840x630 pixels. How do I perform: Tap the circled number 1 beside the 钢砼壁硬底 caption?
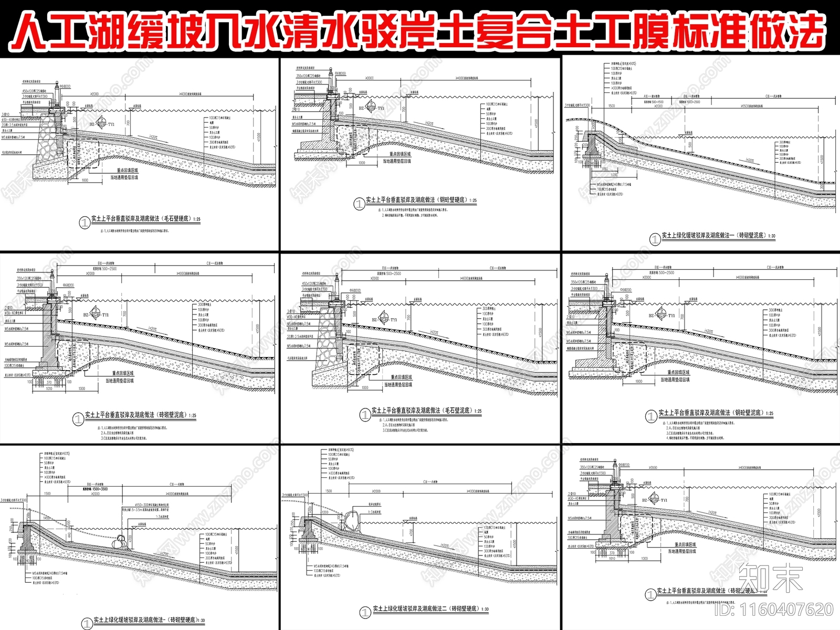(359, 204)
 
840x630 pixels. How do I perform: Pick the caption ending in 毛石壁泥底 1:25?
(426, 411)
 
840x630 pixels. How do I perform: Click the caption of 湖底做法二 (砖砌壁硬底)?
(430, 609)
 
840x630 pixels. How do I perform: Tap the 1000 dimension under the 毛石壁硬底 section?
(85, 180)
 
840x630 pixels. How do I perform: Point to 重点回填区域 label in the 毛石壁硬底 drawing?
(128, 171)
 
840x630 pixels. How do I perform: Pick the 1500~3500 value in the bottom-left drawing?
(96, 489)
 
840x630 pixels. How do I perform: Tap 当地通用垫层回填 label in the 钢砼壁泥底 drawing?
(675, 380)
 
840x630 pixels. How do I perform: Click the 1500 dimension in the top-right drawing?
(611, 106)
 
